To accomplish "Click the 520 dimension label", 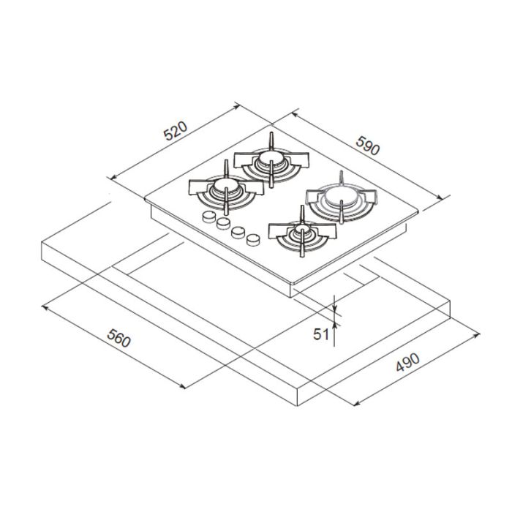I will tap(176, 132).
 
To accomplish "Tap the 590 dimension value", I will tap(367, 144).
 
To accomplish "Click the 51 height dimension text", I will tap(320, 334).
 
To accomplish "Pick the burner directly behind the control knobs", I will tap(225, 190).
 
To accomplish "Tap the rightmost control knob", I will tap(253, 238).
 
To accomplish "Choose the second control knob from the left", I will tap(223, 223).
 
